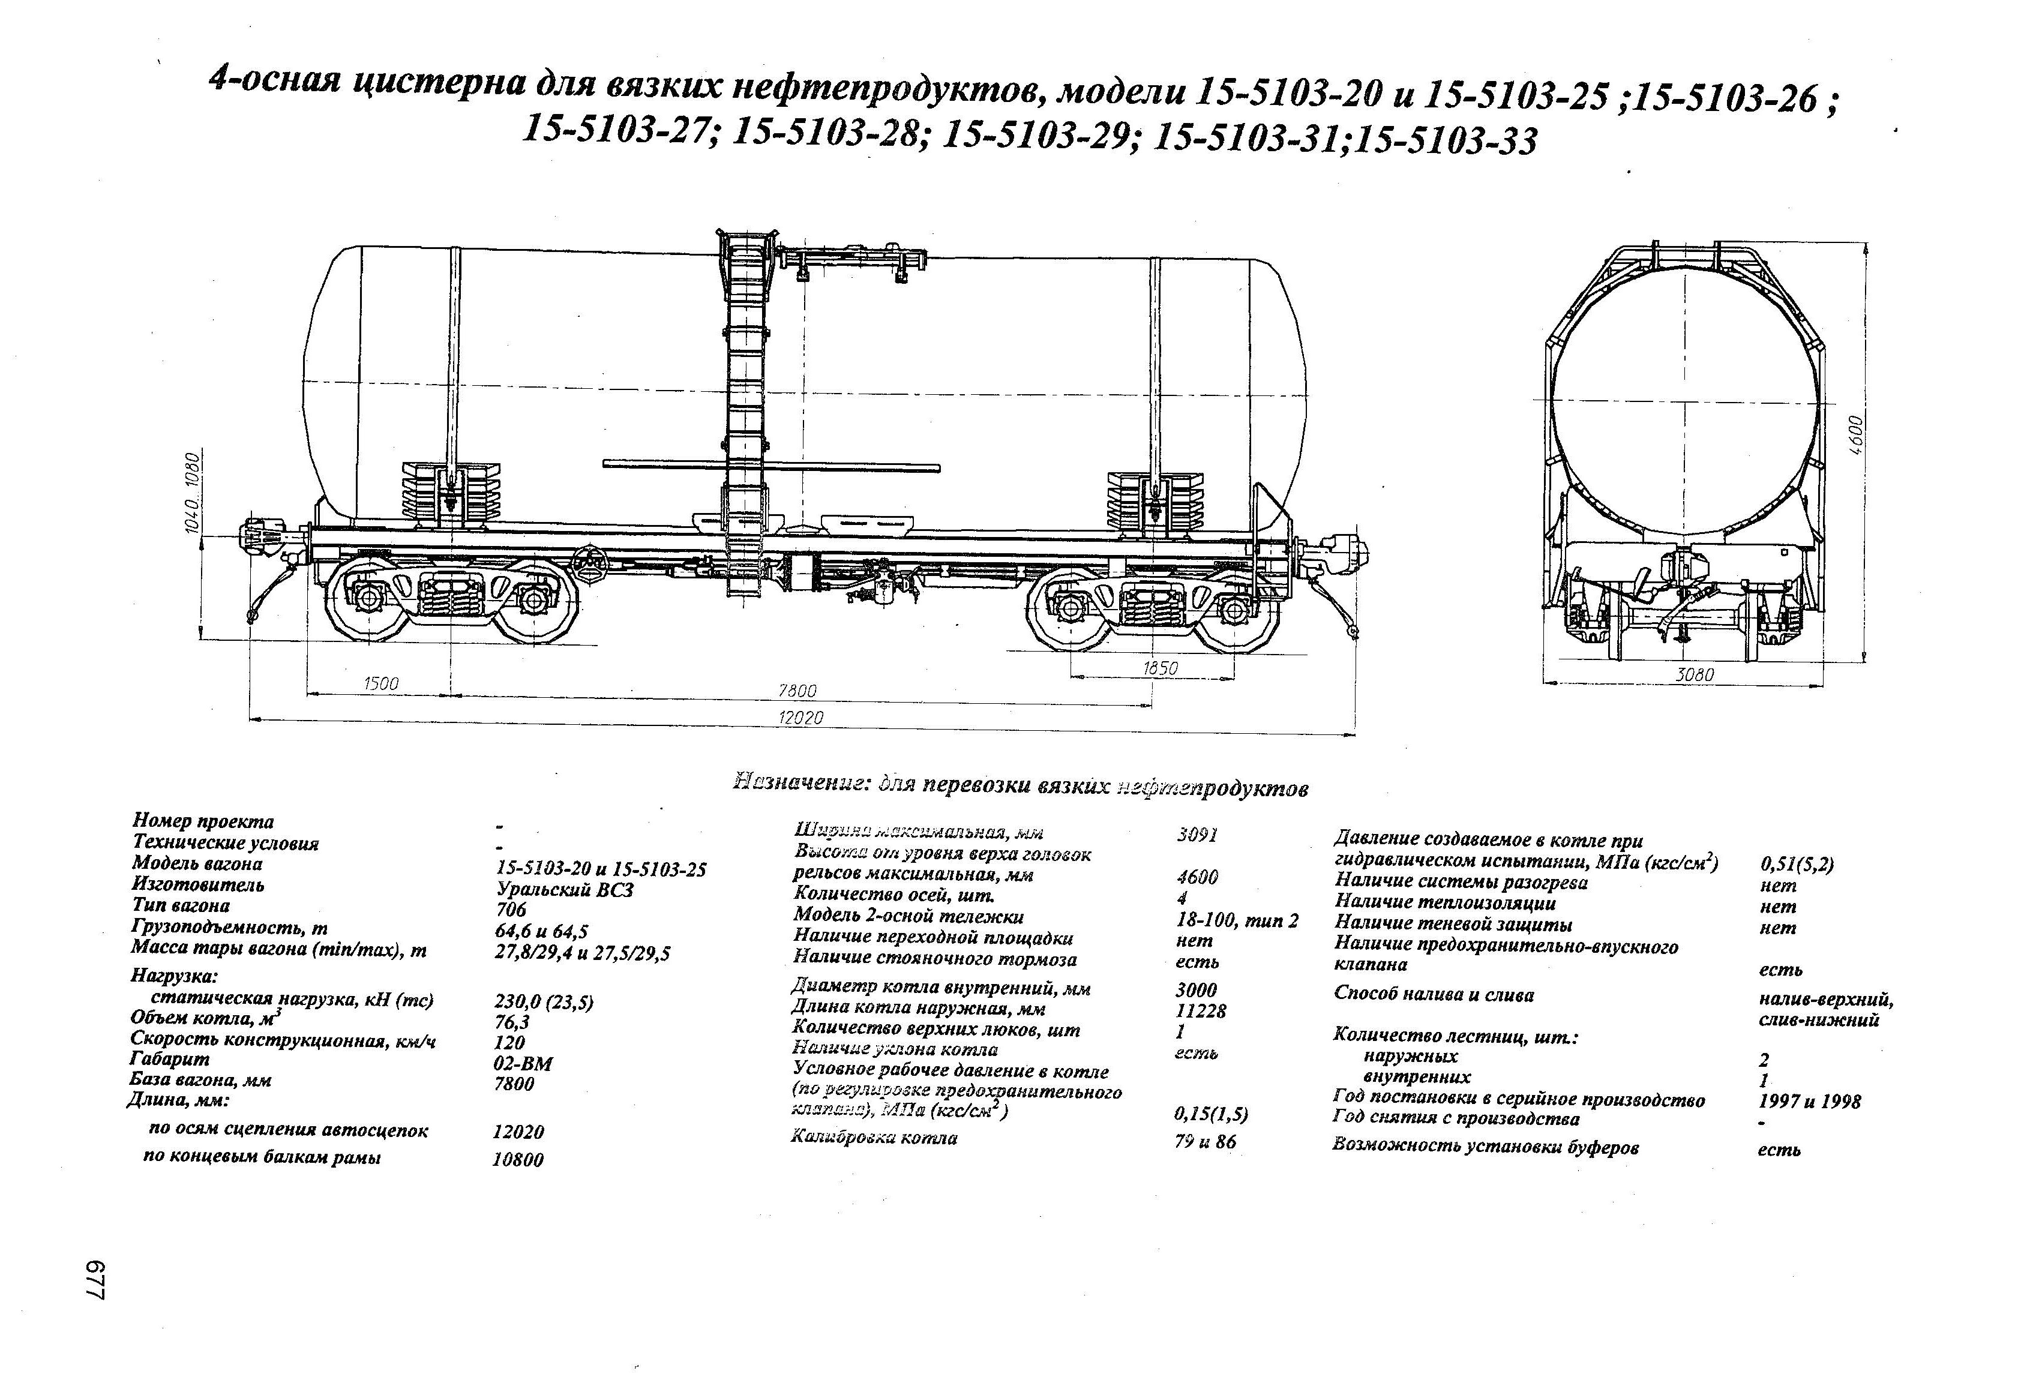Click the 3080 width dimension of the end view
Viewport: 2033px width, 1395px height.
(x=1695, y=675)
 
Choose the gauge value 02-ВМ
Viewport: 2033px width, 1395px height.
(x=523, y=1064)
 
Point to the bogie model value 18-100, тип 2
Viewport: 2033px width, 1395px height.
(x=1237, y=920)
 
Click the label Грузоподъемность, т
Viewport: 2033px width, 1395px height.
(x=229, y=927)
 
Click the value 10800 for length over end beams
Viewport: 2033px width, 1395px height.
(x=518, y=1160)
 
